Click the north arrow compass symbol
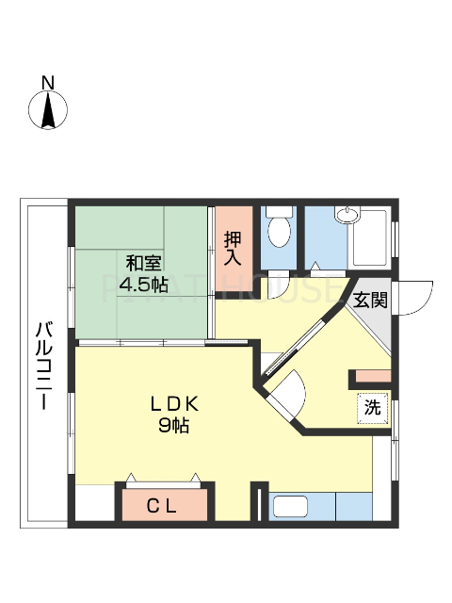[x=49, y=111]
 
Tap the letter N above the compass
[x=49, y=82]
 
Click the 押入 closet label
[x=234, y=247]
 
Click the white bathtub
[x=371, y=237]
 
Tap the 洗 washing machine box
[x=373, y=408]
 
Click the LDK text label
[x=175, y=405]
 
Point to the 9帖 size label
[x=175, y=426]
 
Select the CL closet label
[x=161, y=505]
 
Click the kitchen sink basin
[x=300, y=507]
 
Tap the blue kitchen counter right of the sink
[x=354, y=506]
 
